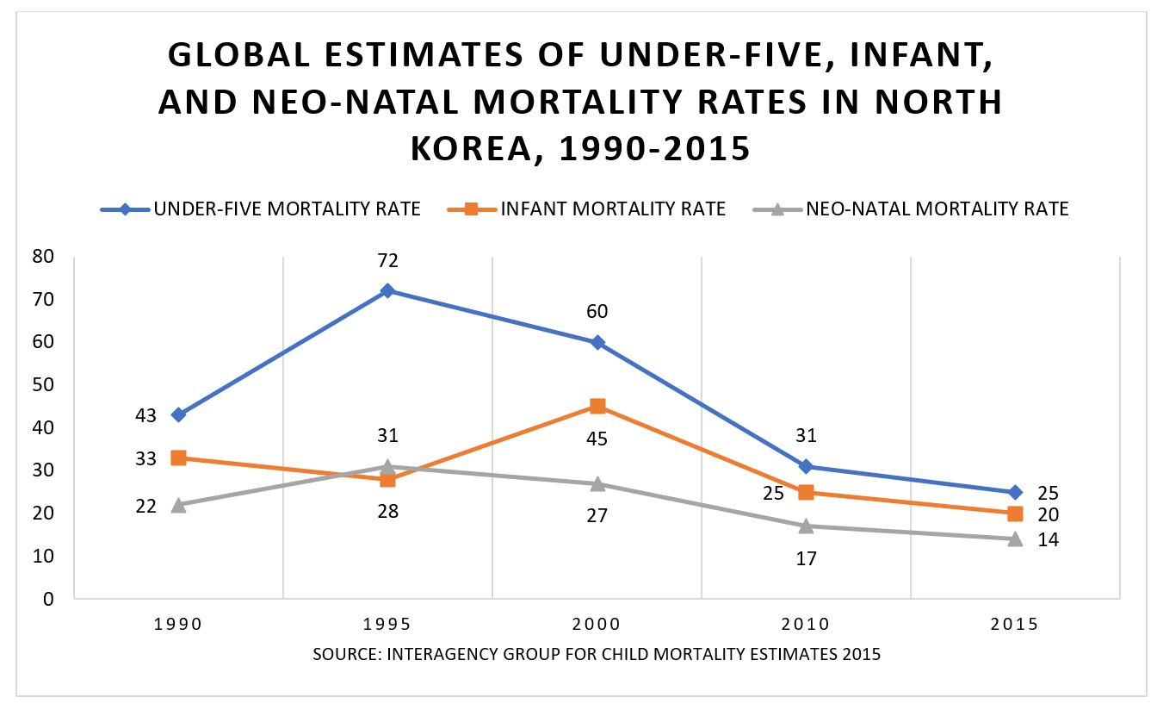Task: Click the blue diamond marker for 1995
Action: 387,290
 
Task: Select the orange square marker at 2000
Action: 597,406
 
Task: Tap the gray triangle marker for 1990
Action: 178,505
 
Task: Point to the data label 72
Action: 387,260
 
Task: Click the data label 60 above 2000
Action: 597,311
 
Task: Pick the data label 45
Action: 597,439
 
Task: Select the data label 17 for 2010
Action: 806,558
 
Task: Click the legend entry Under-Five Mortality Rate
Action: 261,209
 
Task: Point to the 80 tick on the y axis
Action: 42,257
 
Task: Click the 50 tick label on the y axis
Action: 42,385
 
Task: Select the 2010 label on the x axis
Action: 806,625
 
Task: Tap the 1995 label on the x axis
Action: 387,625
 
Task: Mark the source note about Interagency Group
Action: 597,654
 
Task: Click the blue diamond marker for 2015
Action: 1015,492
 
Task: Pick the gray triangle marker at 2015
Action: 1015,539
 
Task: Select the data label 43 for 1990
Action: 145,416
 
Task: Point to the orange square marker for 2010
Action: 806,492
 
